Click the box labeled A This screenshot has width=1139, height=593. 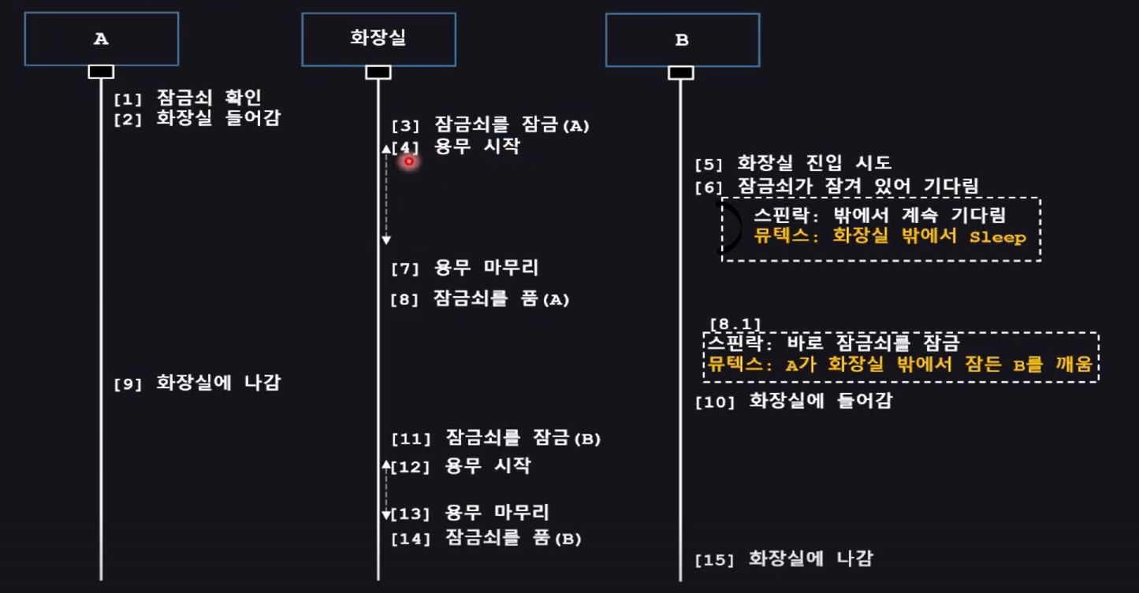[x=101, y=39]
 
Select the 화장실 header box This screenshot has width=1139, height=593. [x=378, y=39]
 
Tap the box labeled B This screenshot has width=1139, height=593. [x=683, y=39]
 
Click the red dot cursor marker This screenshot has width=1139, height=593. [x=409, y=161]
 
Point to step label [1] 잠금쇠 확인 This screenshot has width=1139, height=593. [x=187, y=98]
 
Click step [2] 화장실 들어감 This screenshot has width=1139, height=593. [x=196, y=119]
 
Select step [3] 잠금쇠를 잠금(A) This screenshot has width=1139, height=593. [x=490, y=124]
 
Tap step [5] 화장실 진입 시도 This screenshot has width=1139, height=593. [x=793, y=164]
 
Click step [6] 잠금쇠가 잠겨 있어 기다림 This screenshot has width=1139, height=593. [x=836, y=187]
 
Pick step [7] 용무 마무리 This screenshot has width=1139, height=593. [x=465, y=268]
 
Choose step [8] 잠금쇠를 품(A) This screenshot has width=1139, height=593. [x=480, y=299]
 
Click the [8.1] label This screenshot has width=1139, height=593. [x=735, y=324]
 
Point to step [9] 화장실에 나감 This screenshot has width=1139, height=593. [x=197, y=384]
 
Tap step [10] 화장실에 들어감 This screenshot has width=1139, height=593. [x=793, y=401]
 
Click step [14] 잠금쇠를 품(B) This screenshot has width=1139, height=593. [x=486, y=539]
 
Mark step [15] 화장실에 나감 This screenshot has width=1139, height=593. [x=784, y=559]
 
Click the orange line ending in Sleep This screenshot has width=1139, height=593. [x=890, y=236]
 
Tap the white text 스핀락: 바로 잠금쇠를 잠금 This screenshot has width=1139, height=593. [x=832, y=343]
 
